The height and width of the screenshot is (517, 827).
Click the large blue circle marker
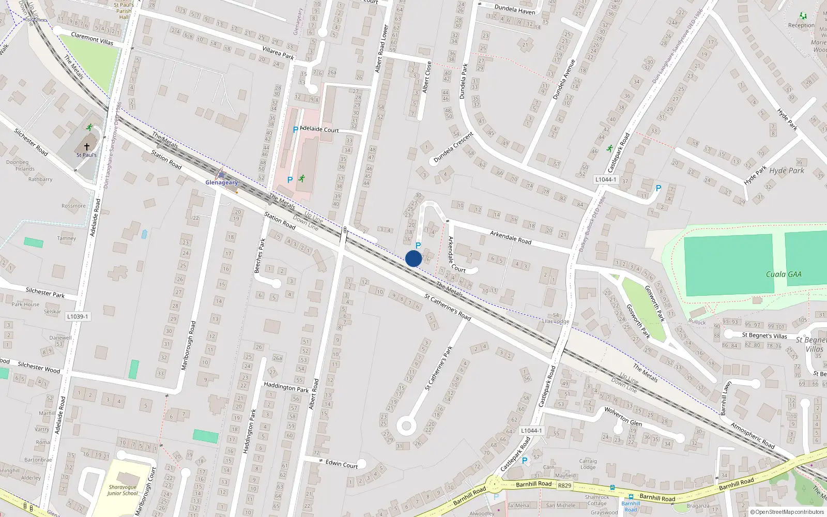tap(413, 258)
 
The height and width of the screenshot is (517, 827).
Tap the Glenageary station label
tap(222, 183)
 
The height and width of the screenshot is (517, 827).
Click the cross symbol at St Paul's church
tap(87, 147)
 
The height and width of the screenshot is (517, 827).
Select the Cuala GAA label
tap(784, 275)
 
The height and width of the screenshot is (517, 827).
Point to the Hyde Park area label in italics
tap(787, 171)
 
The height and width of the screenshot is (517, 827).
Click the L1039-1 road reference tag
tap(77, 316)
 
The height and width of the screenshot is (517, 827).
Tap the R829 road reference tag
tap(564, 485)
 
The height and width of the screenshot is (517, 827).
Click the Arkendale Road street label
tap(510, 237)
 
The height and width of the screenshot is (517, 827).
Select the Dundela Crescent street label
tap(453, 147)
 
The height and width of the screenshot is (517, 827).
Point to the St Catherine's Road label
tap(448, 307)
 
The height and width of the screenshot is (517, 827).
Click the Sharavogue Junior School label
tap(122, 490)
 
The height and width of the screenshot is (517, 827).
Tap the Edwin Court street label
tap(342, 464)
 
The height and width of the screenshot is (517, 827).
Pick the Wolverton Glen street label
tap(623, 416)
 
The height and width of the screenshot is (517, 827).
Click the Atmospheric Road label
tap(752, 435)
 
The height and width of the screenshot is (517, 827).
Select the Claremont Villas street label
tap(92, 38)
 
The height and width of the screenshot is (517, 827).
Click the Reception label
tap(801, 25)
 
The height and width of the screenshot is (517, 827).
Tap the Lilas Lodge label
tap(555, 321)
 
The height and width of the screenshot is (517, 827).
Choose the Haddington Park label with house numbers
tap(286, 387)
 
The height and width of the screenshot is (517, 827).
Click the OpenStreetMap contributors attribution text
tap(787, 512)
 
